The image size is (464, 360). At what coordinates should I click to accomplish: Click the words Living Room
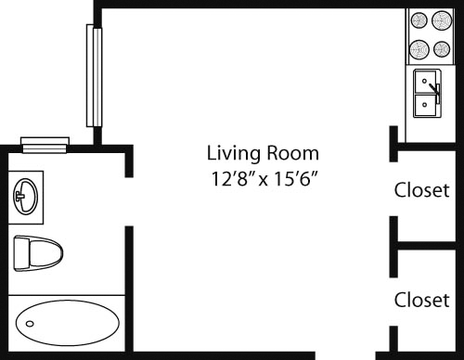(x=263, y=152)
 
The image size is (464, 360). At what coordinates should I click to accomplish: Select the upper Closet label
(x=422, y=190)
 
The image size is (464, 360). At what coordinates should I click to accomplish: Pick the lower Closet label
(x=422, y=300)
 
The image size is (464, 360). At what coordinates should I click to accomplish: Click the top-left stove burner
(x=418, y=21)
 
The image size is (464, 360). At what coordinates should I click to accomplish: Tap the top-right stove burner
(x=442, y=21)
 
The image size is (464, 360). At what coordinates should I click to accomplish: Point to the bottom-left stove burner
(x=418, y=48)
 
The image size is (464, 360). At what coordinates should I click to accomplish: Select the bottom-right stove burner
(x=442, y=48)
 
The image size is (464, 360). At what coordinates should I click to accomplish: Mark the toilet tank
(x=19, y=251)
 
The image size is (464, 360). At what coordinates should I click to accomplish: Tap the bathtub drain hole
(x=31, y=324)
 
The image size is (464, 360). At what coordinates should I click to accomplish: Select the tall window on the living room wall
(x=92, y=75)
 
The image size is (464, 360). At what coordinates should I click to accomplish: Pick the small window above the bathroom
(x=45, y=143)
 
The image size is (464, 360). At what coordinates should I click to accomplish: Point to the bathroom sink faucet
(x=18, y=196)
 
